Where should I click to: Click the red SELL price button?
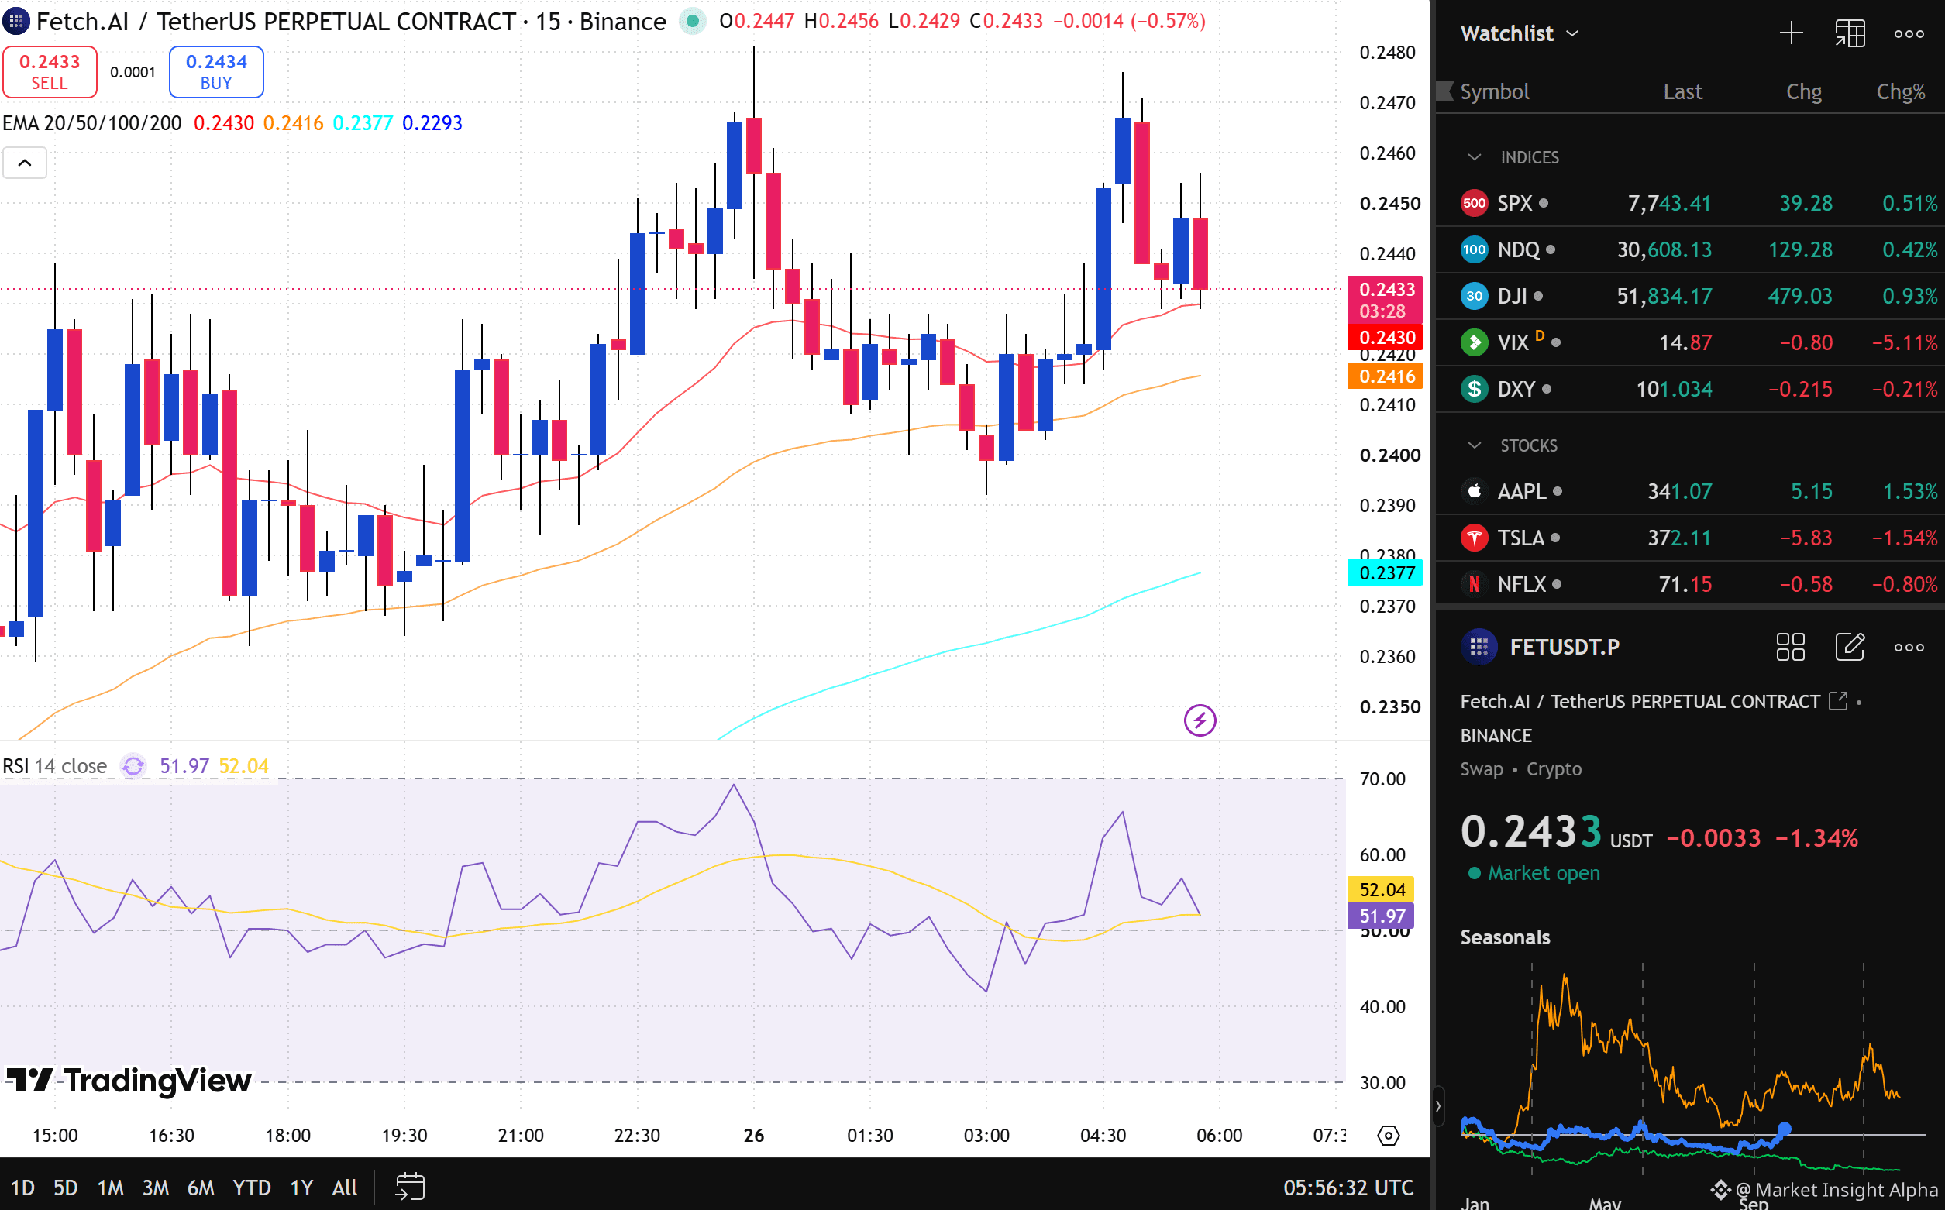(x=50, y=72)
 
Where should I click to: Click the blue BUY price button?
(x=216, y=72)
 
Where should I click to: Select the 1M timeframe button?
(x=111, y=1188)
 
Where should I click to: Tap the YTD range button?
(x=251, y=1188)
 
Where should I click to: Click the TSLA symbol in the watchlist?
(x=1521, y=538)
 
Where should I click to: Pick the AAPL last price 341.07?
(x=1679, y=491)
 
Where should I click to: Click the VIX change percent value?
(x=1904, y=342)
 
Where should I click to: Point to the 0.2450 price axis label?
(x=1389, y=203)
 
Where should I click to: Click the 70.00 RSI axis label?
(x=1382, y=779)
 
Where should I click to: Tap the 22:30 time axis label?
(x=637, y=1136)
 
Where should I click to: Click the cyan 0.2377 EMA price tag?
(x=1386, y=573)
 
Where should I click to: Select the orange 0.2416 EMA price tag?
(x=1386, y=376)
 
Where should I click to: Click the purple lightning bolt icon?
(x=1200, y=720)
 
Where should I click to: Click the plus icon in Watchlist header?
(x=1792, y=33)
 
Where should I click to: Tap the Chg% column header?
(x=1901, y=92)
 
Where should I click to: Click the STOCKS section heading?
(x=1529, y=445)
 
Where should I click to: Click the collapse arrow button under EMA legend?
(x=25, y=163)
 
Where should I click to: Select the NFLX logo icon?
(x=1475, y=584)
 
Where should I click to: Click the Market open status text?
(x=1543, y=873)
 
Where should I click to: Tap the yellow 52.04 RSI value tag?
(x=1382, y=890)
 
